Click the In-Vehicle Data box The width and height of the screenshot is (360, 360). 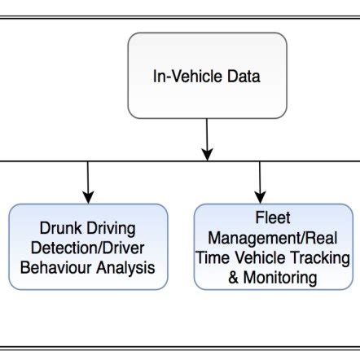pyautogui.click(x=207, y=76)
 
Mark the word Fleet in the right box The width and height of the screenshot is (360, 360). pyautogui.click(x=273, y=218)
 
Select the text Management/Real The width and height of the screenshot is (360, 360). pyautogui.click(x=273, y=238)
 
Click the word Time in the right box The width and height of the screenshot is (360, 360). pyautogui.click(x=214, y=258)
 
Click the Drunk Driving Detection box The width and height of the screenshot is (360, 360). pyautogui.click(x=88, y=247)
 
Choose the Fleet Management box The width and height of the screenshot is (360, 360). pyautogui.click(x=273, y=247)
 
